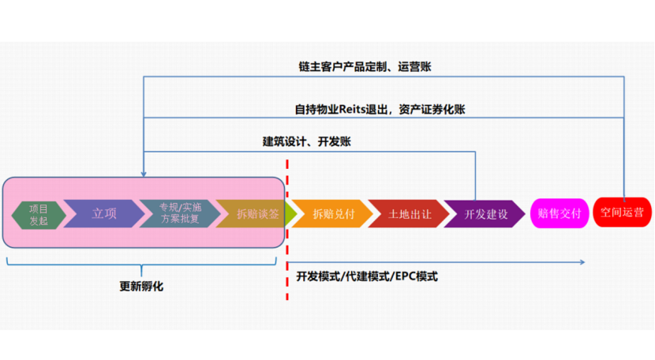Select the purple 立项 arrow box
[x=103, y=214]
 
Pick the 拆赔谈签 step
[x=255, y=214]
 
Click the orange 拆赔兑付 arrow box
[x=332, y=214]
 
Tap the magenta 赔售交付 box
[x=559, y=213]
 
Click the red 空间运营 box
[x=622, y=212]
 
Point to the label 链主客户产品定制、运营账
[x=365, y=67]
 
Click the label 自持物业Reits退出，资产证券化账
[x=385, y=109]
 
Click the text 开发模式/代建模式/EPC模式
[x=367, y=276]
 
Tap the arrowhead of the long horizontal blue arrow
[x=582, y=261]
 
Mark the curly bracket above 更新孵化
[x=143, y=264]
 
